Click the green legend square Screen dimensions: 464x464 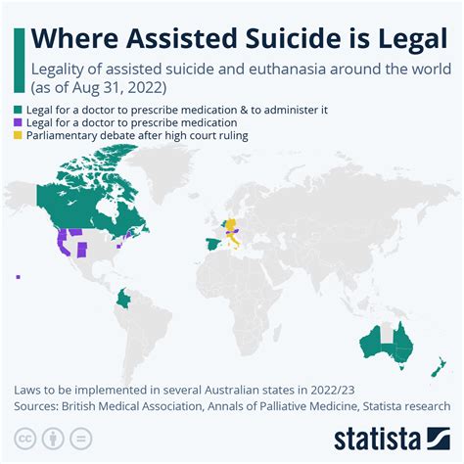18,111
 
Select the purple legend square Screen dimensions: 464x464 18,123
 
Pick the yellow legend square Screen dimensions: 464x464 18,136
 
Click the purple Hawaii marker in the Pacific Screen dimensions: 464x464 18,277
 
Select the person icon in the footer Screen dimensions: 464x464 54,436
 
